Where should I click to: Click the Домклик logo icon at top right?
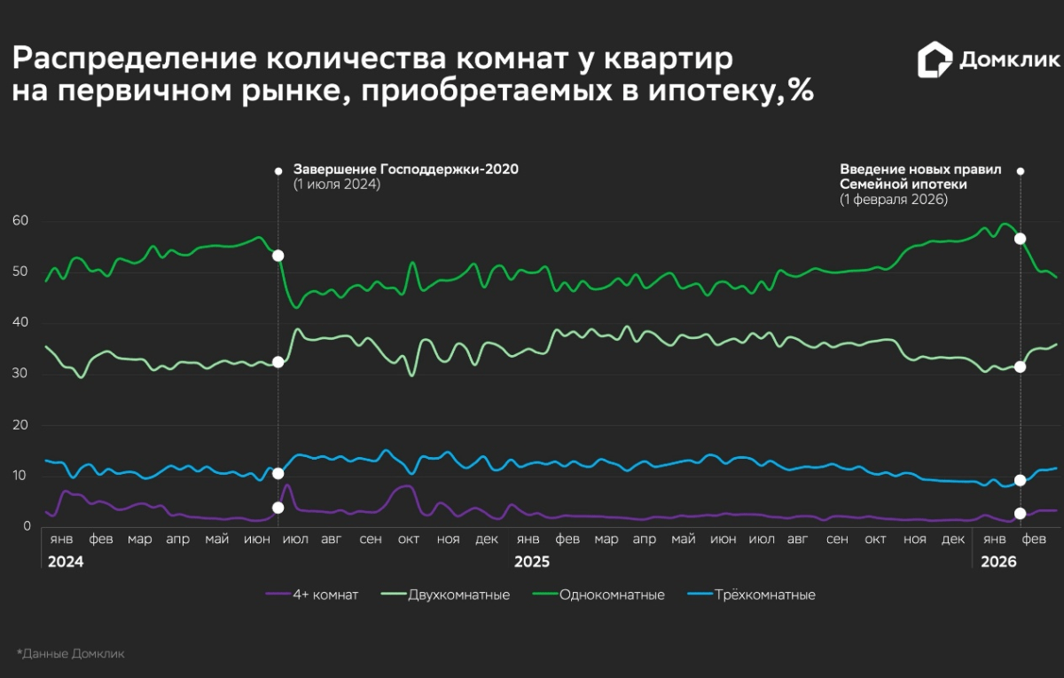tap(935, 60)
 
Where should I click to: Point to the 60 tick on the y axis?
tap(21, 220)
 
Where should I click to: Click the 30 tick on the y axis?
tap(21, 374)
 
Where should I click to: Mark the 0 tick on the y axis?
tap(27, 527)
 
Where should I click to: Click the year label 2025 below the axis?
tap(532, 563)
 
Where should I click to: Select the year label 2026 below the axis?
tap(997, 563)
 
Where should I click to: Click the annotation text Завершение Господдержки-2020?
tap(405, 169)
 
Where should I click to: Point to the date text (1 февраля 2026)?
tap(894, 200)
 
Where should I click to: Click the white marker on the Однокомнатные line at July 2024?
tap(278, 256)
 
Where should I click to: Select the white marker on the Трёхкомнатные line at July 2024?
tap(278, 473)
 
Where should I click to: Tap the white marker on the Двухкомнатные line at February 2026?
tap(1020, 367)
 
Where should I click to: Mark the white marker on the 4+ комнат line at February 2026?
tap(1020, 513)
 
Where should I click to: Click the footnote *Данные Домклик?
tap(71, 653)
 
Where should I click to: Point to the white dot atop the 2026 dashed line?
tap(1020, 170)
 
